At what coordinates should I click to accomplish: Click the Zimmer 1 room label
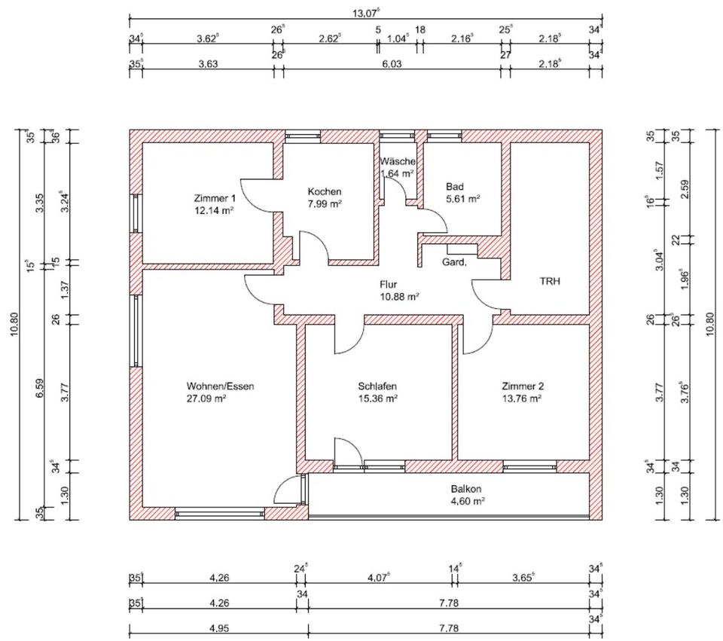click(215, 198)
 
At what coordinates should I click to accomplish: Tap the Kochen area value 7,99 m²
click(325, 204)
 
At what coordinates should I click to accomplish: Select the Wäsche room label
click(398, 161)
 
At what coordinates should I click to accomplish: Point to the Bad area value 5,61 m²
click(463, 199)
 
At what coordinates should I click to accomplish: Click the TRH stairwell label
click(550, 281)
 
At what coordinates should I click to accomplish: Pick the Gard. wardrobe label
click(454, 263)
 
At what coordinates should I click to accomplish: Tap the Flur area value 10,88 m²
click(399, 297)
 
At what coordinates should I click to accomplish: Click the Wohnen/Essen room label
click(220, 386)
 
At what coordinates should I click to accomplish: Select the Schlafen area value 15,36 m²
click(377, 398)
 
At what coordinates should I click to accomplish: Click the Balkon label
click(466, 489)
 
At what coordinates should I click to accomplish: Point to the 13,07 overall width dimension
click(365, 13)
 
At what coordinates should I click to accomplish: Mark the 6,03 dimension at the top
click(392, 63)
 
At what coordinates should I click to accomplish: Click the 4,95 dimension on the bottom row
click(219, 628)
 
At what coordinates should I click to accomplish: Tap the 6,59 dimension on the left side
click(40, 388)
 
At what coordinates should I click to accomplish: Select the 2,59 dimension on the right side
click(685, 189)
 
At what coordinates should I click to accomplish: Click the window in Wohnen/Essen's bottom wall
click(220, 513)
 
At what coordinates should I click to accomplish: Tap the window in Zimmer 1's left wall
click(136, 213)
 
